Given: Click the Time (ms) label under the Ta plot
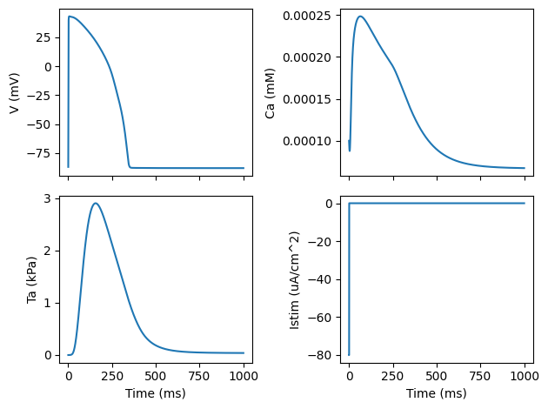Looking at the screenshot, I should (x=156, y=393).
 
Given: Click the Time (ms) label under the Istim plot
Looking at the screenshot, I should (x=437, y=393).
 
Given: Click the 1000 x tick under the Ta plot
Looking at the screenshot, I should (x=244, y=375).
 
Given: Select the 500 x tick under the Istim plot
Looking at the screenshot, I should (x=437, y=375).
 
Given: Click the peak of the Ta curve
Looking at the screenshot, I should (x=95, y=204).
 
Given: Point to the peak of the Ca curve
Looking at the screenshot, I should (x=360, y=16).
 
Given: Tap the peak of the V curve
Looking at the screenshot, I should (x=70, y=16).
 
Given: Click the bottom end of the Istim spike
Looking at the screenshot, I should (x=349, y=355).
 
